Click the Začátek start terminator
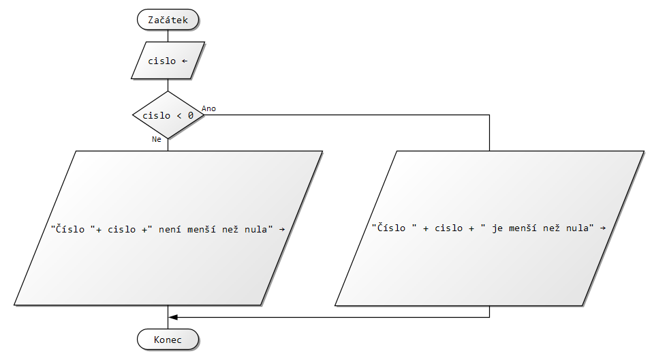[x=168, y=20]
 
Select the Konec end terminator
[x=168, y=340]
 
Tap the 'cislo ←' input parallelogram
[x=168, y=61]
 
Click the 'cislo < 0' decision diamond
[x=168, y=115]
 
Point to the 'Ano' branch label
[x=209, y=108]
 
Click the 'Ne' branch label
[x=157, y=139]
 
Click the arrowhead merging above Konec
[x=173, y=317]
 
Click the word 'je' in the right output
[x=497, y=228]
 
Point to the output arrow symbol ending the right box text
[x=603, y=228]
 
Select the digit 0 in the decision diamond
[x=190, y=115]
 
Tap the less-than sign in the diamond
[x=178, y=115]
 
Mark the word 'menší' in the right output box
[x=522, y=228]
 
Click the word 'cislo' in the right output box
[x=448, y=228]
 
